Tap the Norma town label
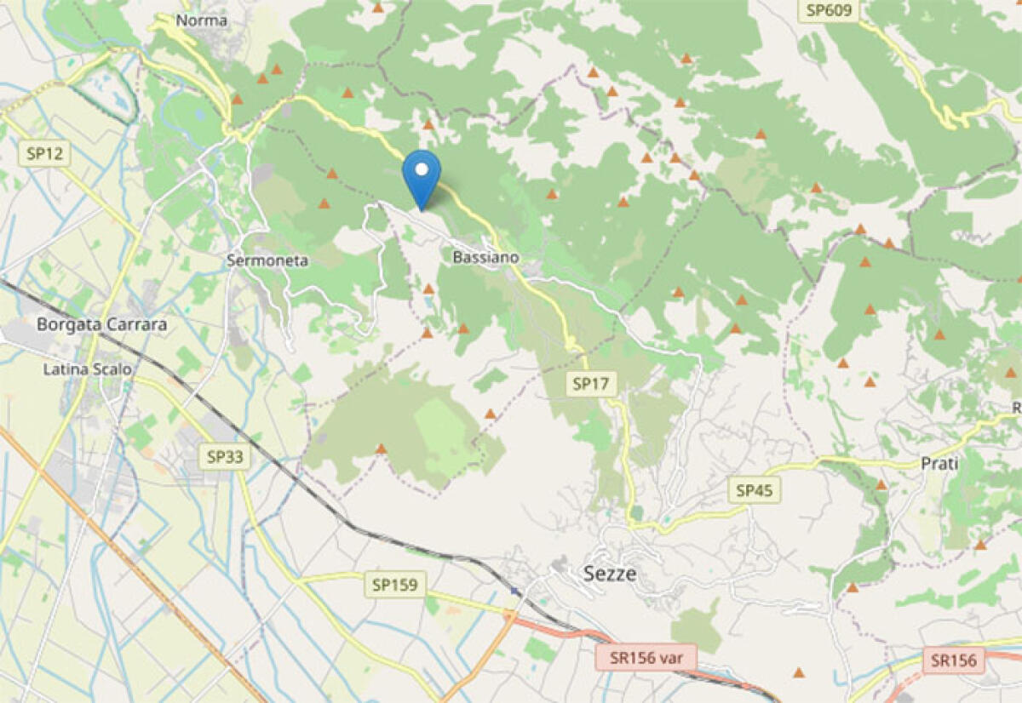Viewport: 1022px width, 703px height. point(201,20)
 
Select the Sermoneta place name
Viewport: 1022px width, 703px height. point(267,260)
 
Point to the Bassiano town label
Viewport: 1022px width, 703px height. point(485,256)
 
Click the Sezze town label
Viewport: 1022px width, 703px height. point(610,574)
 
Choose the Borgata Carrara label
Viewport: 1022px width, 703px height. point(102,324)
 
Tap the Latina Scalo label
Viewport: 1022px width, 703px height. point(89,369)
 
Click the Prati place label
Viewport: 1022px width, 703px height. point(939,464)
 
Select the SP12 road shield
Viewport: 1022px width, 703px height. point(44,154)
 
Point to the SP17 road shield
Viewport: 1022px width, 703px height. point(591,384)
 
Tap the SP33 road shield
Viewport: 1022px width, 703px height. point(225,457)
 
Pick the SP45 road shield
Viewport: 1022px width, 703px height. point(755,490)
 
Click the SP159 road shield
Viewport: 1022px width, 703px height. point(397,585)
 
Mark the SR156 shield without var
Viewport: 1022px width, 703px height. point(953,660)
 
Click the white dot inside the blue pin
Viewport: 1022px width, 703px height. point(421,169)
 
